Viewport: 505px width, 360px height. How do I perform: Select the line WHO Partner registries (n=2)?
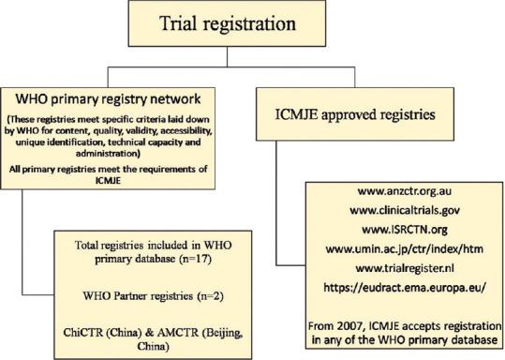[x=142, y=292]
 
